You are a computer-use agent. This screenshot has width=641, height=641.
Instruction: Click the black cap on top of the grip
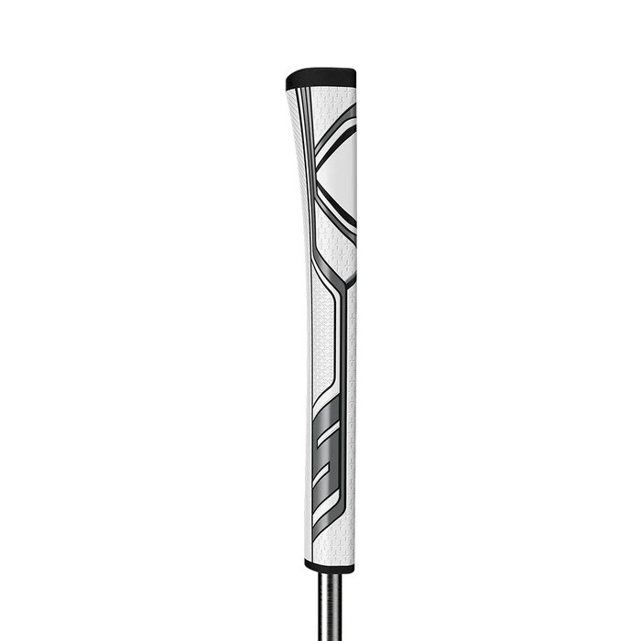coord(320,78)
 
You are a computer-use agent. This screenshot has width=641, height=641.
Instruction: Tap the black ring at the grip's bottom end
coord(329,568)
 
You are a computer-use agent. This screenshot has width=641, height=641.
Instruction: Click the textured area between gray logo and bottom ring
coord(330,545)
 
